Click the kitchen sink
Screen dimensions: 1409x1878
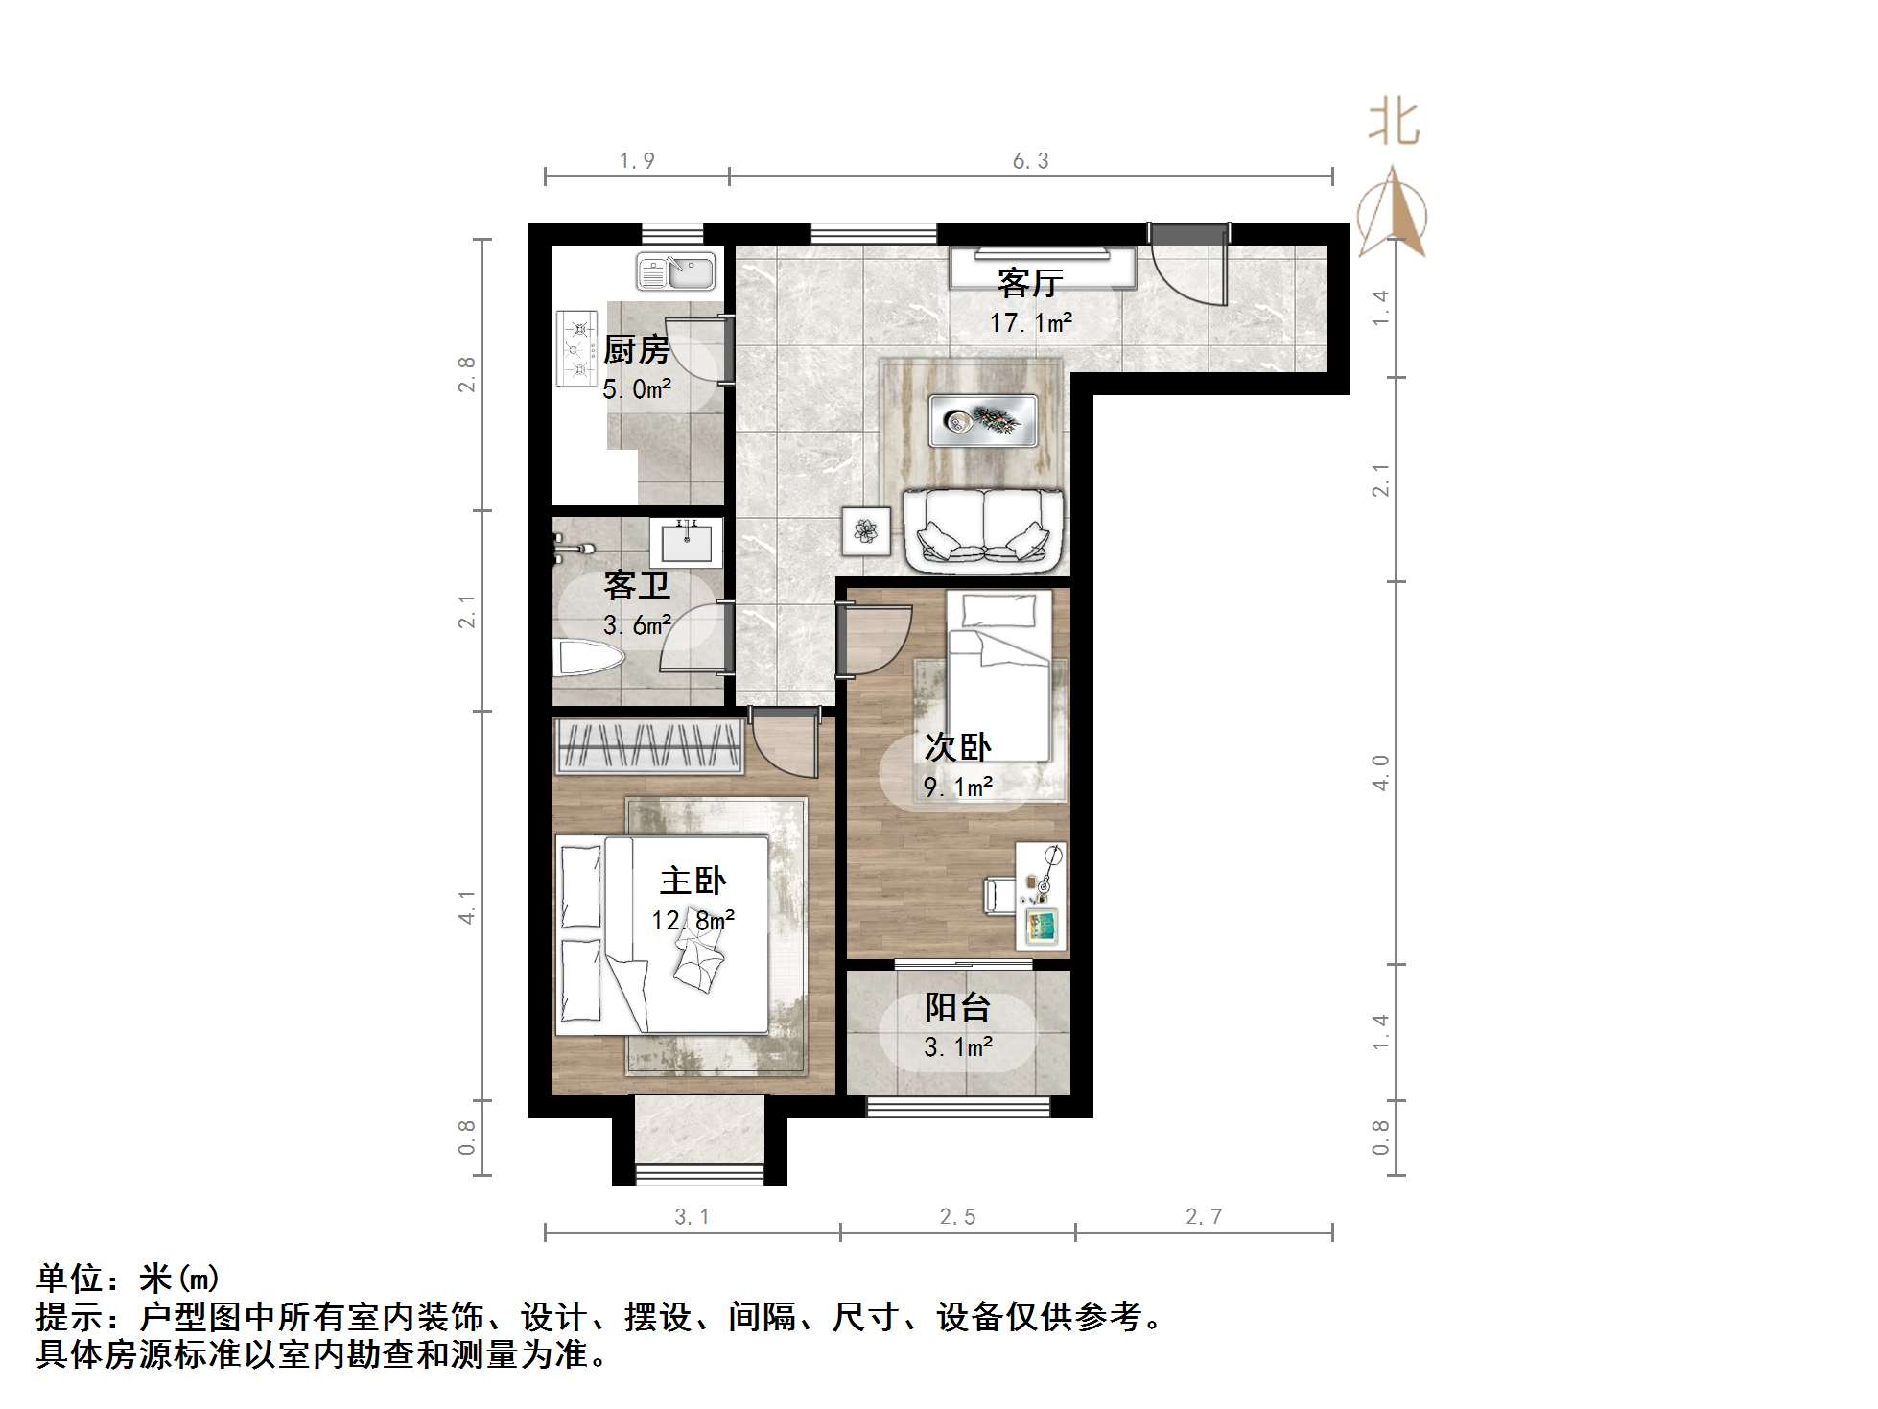(x=676, y=271)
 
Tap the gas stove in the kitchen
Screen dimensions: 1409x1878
(x=577, y=348)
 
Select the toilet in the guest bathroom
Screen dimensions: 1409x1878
(x=589, y=659)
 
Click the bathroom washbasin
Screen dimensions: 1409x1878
(x=686, y=543)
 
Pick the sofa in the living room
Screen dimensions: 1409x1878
(x=983, y=528)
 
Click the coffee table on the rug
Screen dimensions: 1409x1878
(x=983, y=420)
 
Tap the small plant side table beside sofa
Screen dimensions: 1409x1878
(x=866, y=530)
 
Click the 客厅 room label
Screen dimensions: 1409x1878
(x=1030, y=283)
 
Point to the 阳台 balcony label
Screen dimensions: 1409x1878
(x=957, y=1007)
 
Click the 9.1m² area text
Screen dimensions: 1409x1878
(x=957, y=787)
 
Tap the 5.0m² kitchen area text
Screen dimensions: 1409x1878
(x=636, y=389)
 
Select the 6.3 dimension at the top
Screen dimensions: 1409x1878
(x=1030, y=161)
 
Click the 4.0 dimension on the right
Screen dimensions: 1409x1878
(x=1380, y=772)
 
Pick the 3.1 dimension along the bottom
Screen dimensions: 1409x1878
(x=692, y=1217)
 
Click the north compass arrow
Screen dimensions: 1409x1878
(x=1394, y=213)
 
